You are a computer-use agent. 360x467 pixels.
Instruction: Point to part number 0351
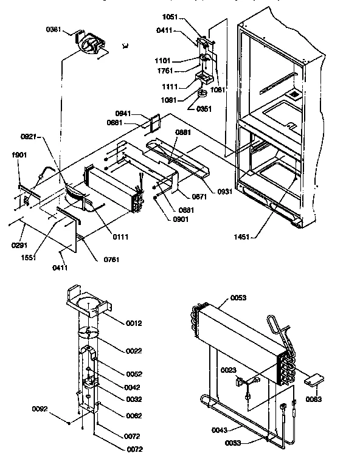[205, 109]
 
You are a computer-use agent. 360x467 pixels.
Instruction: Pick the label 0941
[123, 113]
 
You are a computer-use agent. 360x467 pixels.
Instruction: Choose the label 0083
[314, 399]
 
